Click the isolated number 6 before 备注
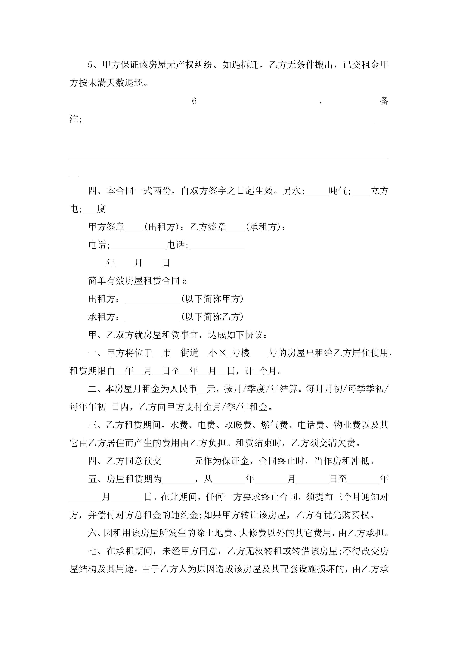[x=194, y=101]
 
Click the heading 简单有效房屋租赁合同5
[x=137, y=281]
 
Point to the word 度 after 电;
[x=101, y=209]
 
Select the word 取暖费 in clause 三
[x=238, y=425]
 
